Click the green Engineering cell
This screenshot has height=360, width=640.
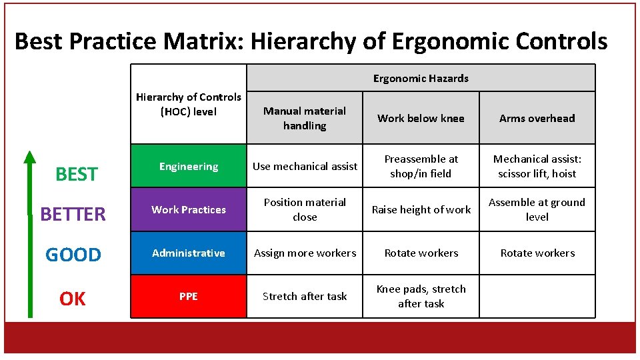tap(189, 166)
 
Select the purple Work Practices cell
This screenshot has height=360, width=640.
tap(189, 209)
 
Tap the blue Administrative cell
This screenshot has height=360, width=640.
tap(189, 253)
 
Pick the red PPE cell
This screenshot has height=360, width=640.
tap(189, 296)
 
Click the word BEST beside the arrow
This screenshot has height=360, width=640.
tap(76, 174)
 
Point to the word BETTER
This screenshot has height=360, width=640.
tap(73, 214)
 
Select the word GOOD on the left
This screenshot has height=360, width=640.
tap(73, 255)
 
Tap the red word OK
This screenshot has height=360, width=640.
tap(73, 299)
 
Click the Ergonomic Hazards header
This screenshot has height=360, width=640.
tap(421, 78)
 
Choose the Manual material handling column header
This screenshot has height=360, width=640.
tap(305, 118)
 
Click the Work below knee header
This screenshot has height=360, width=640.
tap(421, 118)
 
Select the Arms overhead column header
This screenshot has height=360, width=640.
tap(537, 118)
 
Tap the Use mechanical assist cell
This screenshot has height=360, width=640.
tap(305, 166)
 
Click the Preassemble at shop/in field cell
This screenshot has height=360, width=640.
tap(421, 166)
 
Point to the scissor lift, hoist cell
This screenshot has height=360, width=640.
tap(537, 166)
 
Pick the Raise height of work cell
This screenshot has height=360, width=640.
tap(421, 209)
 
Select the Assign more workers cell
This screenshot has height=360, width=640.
tap(305, 253)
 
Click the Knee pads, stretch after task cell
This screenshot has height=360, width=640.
tap(421, 296)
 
